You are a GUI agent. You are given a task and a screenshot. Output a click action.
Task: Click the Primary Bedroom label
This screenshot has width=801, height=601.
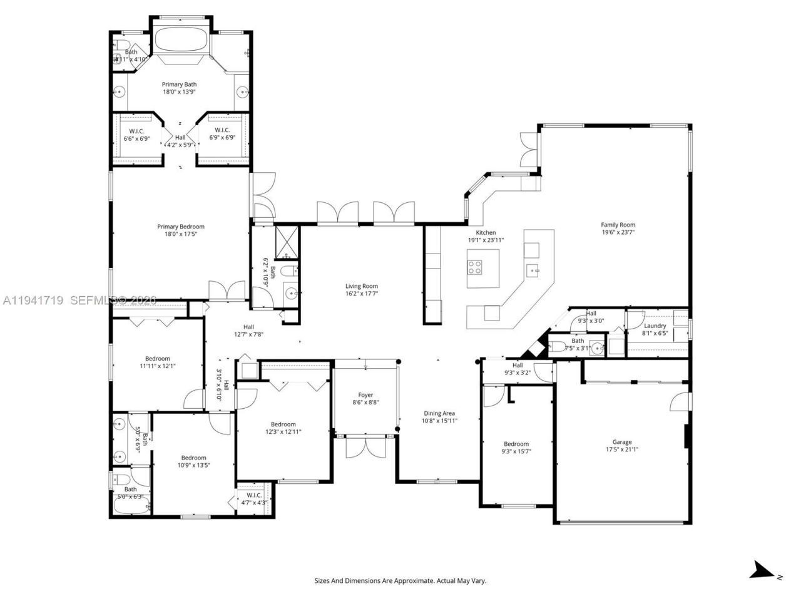[180, 227]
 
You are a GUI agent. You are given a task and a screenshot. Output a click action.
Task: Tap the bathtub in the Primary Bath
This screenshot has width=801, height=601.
[180, 41]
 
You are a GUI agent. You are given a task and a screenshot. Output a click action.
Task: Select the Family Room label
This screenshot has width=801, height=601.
[618, 225]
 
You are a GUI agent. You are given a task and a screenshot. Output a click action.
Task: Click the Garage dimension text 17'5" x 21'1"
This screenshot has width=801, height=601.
[621, 449]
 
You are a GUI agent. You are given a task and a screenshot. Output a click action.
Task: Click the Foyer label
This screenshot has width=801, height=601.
[365, 395]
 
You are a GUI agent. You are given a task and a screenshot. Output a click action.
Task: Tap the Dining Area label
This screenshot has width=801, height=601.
[439, 413]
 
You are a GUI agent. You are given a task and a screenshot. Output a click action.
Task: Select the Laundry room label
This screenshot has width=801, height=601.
[655, 326]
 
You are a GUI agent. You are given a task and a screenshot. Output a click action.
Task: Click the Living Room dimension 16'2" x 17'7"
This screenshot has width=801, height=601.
[361, 294]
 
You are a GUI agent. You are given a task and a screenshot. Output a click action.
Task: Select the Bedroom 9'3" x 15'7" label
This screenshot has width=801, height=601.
[516, 444]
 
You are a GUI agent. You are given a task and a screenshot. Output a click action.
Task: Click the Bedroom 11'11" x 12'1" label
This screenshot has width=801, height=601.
[157, 359]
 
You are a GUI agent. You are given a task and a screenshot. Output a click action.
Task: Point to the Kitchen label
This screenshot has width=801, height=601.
[486, 232]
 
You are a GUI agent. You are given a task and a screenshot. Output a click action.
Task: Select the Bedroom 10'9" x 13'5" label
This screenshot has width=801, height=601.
[193, 458]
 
